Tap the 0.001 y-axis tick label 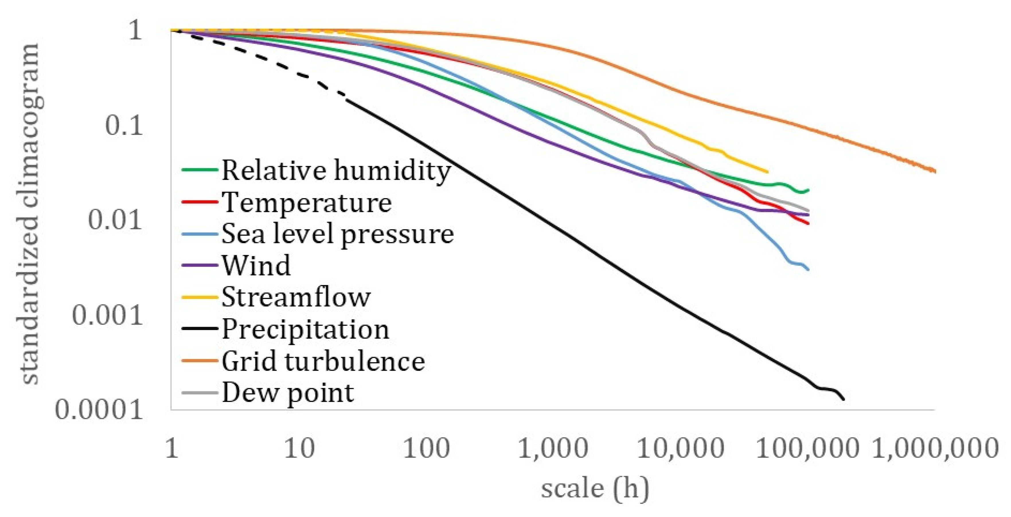click(107, 315)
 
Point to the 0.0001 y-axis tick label click(98, 411)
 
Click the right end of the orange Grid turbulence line click(935, 171)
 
